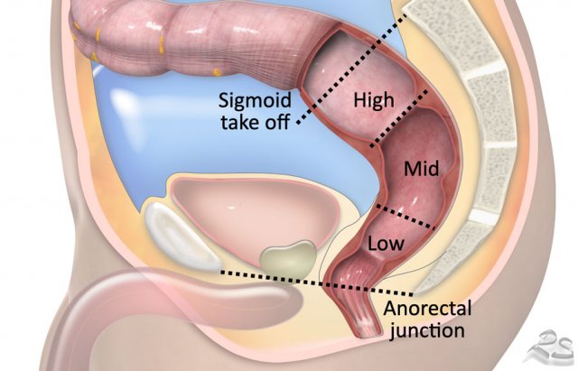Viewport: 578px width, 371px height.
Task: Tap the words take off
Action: click(255, 122)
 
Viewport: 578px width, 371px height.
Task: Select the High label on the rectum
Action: click(374, 100)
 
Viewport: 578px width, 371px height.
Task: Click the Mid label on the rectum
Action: click(422, 169)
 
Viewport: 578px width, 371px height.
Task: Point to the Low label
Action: click(386, 244)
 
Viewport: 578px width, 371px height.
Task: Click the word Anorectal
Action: click(427, 308)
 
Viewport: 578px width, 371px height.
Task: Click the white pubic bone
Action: click(181, 236)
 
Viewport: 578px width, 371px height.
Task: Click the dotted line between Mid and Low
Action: click(405, 218)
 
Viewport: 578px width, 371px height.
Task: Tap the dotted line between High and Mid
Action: click(399, 118)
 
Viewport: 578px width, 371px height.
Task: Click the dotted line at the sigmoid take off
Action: click(351, 70)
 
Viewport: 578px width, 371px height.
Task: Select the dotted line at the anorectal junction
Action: click(316, 283)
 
